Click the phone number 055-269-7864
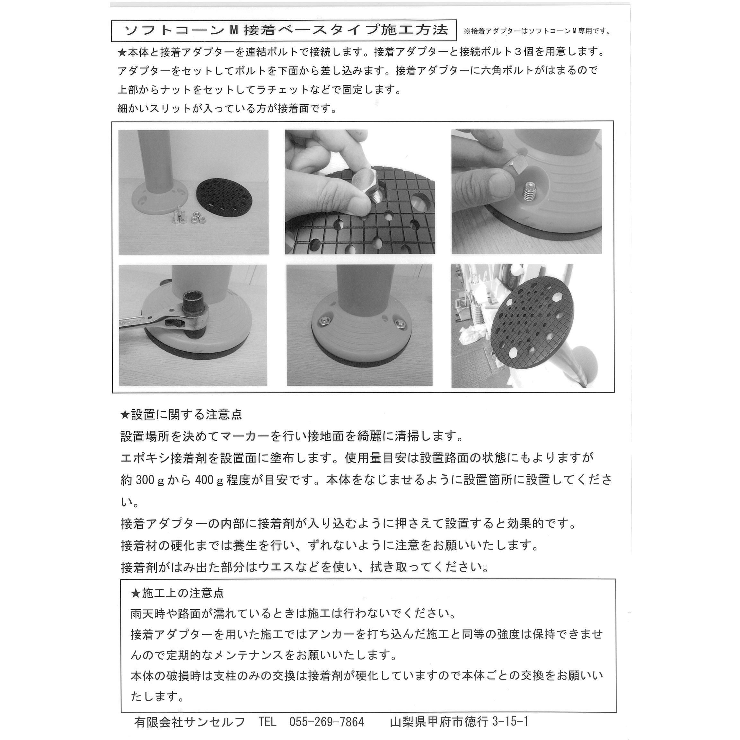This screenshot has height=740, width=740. pyautogui.click(x=326, y=722)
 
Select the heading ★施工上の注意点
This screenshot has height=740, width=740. pyautogui.click(x=177, y=593)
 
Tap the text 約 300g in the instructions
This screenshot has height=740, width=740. pyautogui.click(x=143, y=480)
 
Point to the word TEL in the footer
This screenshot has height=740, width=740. pyautogui.click(x=267, y=722)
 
